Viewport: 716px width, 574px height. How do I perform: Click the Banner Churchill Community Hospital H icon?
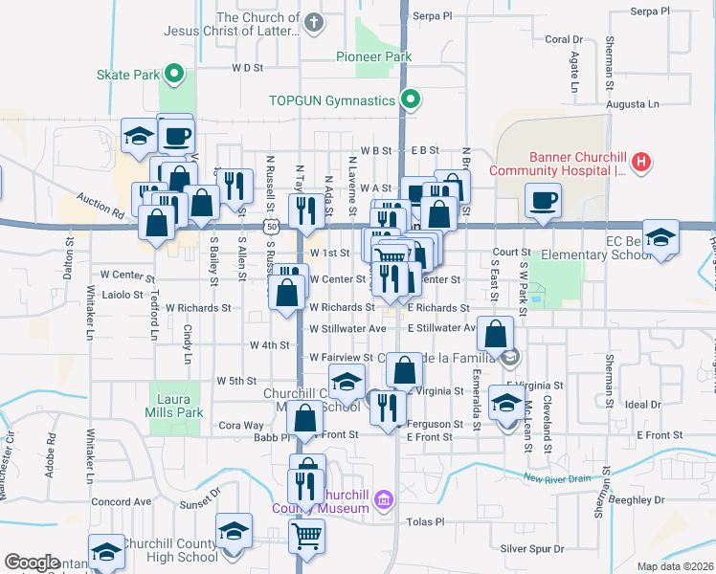click(x=641, y=163)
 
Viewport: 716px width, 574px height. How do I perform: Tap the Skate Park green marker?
click(x=174, y=73)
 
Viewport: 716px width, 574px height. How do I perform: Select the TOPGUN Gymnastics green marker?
click(x=411, y=99)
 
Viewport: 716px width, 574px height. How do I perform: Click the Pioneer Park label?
click(x=373, y=56)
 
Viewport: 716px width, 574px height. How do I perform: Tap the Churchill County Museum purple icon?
click(x=384, y=499)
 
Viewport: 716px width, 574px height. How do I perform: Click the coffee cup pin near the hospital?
click(x=543, y=200)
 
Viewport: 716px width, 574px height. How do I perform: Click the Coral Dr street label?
click(x=564, y=39)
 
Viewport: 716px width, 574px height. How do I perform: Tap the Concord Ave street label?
click(x=122, y=501)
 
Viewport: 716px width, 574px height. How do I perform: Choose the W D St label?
click(x=247, y=68)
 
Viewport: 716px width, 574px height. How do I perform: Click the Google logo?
click(x=33, y=563)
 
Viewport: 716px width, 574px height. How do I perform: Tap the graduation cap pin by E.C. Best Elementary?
click(x=660, y=236)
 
